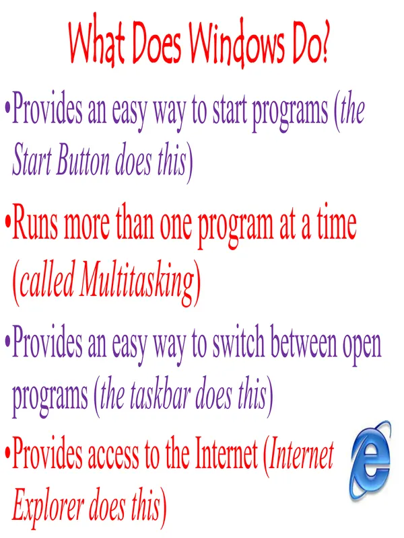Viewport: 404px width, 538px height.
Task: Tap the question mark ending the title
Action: coord(323,41)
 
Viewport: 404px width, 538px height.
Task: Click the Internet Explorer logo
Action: coord(370,461)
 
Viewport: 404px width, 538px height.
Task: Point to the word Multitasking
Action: coord(137,282)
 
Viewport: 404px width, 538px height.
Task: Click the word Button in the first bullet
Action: coord(82,160)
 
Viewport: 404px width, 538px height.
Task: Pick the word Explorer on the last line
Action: coord(48,508)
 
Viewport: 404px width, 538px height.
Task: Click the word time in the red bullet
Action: coord(337,224)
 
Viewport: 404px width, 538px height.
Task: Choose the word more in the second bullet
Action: coord(87,227)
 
